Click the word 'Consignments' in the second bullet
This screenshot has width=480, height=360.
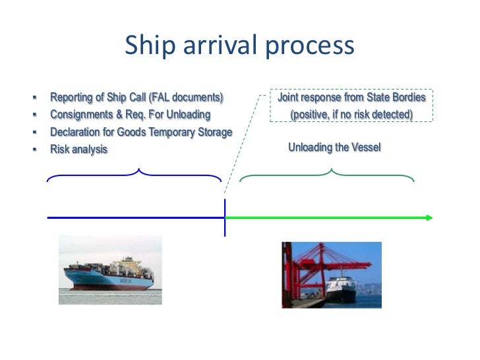[x=80, y=115]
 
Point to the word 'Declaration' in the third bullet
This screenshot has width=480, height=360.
[x=75, y=132]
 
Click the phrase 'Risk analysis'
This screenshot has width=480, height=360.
[x=78, y=150]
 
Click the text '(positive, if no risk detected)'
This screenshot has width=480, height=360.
[x=351, y=115]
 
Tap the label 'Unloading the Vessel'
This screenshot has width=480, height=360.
[x=334, y=147]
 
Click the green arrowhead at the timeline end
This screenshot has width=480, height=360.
[x=429, y=217]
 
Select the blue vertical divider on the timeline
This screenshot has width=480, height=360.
[x=225, y=217]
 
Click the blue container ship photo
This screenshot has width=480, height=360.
[x=109, y=270]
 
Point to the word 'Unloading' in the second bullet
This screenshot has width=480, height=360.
[x=188, y=115]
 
